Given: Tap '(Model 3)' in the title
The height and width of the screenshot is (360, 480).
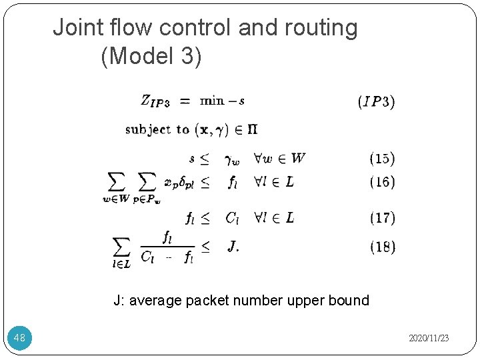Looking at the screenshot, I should pyautogui.click(x=151, y=56).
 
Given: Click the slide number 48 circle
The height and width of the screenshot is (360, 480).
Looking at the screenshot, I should pyautogui.click(x=19, y=338).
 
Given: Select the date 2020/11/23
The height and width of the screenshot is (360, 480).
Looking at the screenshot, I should pyautogui.click(x=429, y=339).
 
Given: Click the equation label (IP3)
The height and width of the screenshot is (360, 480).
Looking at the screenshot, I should pyautogui.click(x=377, y=102).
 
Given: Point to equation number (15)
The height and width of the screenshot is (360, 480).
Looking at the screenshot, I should pyautogui.click(x=382, y=159).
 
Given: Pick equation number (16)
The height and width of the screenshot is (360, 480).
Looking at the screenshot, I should pyautogui.click(x=382, y=182).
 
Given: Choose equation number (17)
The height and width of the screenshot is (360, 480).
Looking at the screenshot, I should pyautogui.click(x=382, y=217).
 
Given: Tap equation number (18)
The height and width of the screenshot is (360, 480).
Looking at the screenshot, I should pyautogui.click(x=382, y=247).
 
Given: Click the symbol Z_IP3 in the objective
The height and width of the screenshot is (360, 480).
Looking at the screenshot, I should pyautogui.click(x=155, y=101).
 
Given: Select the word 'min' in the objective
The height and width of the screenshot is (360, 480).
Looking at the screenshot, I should pyautogui.click(x=213, y=101).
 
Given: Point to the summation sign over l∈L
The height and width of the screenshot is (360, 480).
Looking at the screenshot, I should pyautogui.click(x=122, y=247).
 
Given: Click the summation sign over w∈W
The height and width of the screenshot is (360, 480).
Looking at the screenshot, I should pyautogui.click(x=116, y=181).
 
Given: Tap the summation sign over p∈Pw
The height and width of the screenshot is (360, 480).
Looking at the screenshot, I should pyautogui.click(x=147, y=181).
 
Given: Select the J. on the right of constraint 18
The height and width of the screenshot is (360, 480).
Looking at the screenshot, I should pyautogui.click(x=233, y=247).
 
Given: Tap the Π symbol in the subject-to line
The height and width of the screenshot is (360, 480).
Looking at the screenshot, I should pyautogui.click(x=253, y=129).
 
